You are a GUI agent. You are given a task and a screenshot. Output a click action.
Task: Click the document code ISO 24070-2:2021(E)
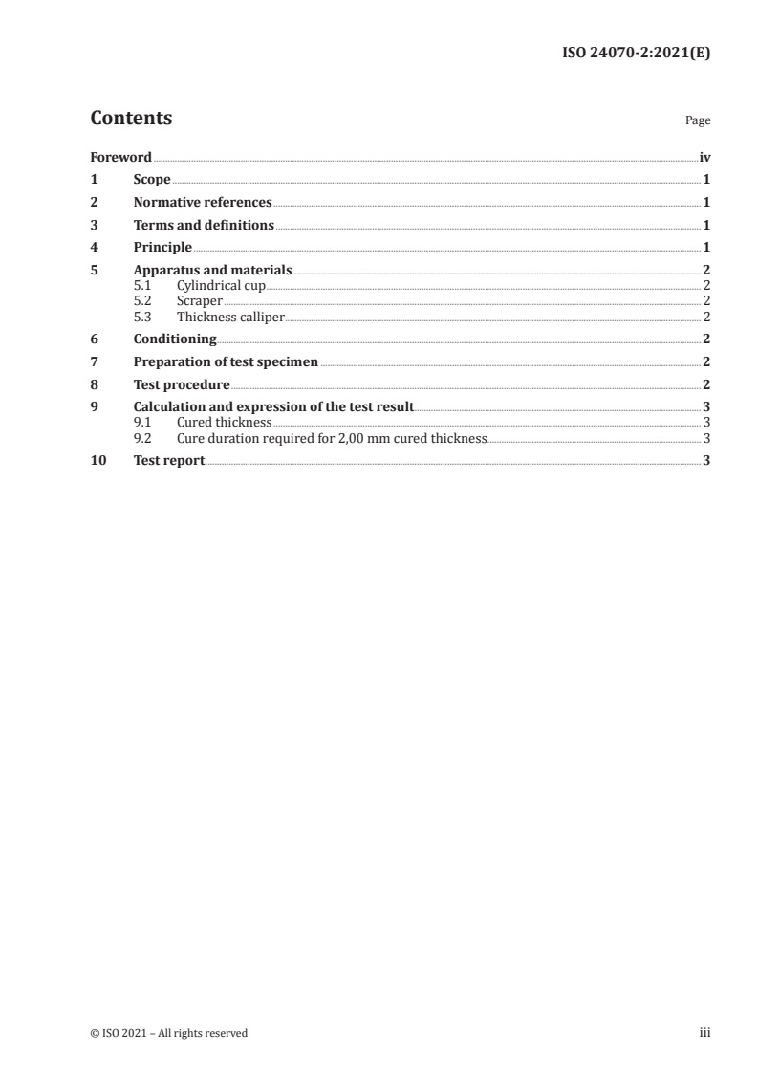635,55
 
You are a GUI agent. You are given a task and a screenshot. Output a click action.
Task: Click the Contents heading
131,119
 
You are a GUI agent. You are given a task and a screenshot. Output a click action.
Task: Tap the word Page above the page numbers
698,121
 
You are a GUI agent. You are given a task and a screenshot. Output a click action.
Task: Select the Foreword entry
120,157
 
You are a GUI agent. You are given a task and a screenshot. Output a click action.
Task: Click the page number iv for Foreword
704,157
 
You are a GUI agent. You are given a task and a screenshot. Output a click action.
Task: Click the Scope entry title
152,180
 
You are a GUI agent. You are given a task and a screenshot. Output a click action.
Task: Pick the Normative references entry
203,203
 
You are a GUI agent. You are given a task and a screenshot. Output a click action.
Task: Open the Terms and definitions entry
204,226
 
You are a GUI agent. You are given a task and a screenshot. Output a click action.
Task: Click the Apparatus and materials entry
212,271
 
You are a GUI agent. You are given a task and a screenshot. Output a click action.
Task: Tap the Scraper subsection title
200,301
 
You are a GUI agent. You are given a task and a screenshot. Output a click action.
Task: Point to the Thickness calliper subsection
230,317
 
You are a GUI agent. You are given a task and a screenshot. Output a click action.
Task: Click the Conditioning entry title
175,339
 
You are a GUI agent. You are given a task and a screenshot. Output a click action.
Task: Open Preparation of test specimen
226,362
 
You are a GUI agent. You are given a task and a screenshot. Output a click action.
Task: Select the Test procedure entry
182,385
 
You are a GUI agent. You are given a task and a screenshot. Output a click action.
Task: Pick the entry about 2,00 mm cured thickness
332,438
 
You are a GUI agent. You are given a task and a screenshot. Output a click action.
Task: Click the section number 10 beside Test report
97,460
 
